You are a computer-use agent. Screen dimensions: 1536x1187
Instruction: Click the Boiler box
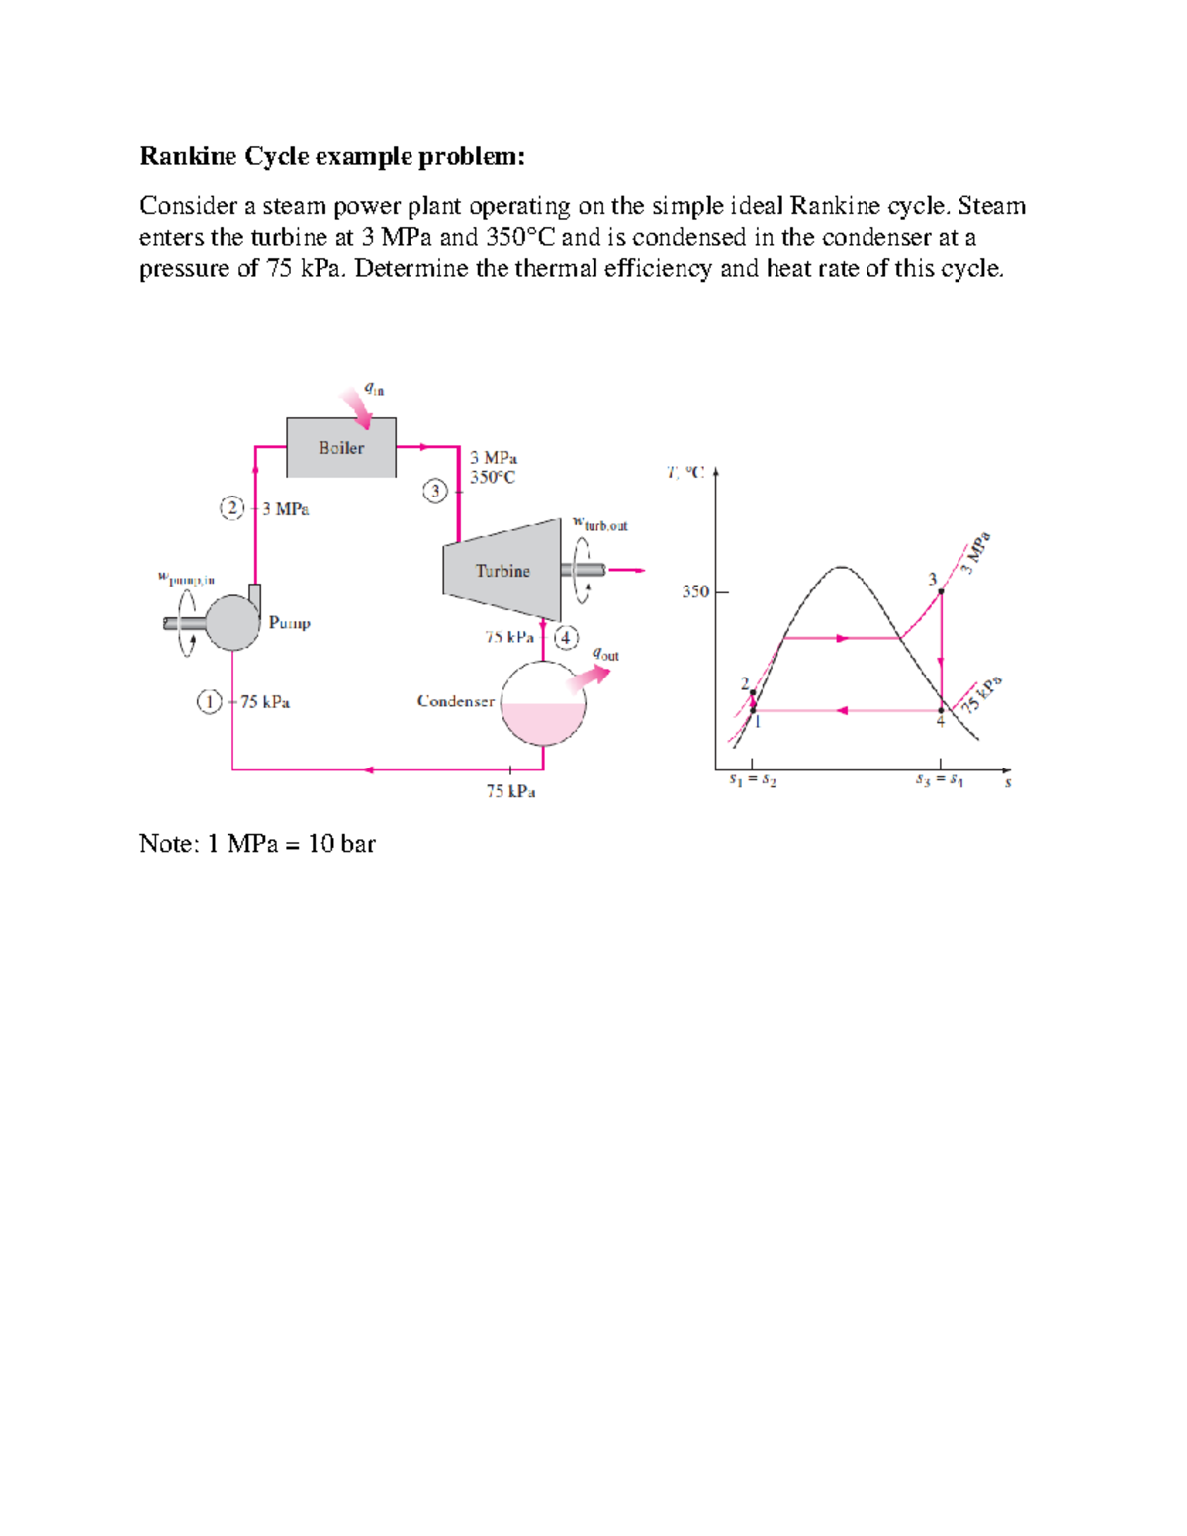(x=341, y=448)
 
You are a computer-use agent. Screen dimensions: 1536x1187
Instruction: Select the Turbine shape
(x=502, y=571)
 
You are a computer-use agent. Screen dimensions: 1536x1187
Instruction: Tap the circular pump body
(x=232, y=622)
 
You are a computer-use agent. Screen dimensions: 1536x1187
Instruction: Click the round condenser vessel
(x=543, y=703)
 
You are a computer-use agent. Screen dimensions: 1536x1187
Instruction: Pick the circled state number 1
(x=209, y=702)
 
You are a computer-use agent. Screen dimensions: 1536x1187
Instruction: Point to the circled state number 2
(x=231, y=508)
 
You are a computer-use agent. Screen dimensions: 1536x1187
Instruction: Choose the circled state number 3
(x=435, y=491)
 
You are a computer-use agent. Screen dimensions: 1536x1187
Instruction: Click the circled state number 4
(x=566, y=638)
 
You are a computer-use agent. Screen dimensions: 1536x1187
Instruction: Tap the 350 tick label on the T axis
(x=695, y=591)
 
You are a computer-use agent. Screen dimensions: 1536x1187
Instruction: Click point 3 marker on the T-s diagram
(x=941, y=591)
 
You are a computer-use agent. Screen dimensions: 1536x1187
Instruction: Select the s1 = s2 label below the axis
(x=753, y=780)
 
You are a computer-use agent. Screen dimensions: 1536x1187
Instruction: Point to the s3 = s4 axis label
(x=940, y=780)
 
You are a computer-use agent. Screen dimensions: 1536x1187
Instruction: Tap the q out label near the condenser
(x=605, y=654)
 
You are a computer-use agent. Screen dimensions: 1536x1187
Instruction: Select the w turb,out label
(x=600, y=524)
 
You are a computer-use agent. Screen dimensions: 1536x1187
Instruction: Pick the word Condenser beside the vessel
(x=455, y=701)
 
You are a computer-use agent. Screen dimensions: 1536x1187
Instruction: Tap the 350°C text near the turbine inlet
(x=493, y=477)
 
